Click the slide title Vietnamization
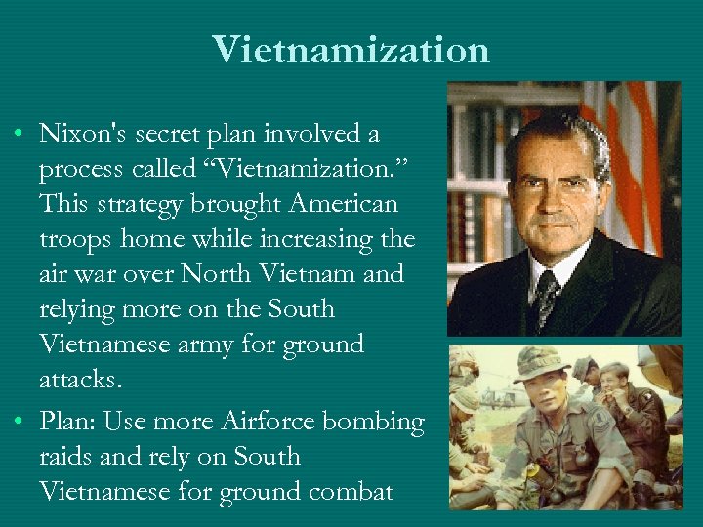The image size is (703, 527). coord(351,49)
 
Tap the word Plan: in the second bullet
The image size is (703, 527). coord(67,422)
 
